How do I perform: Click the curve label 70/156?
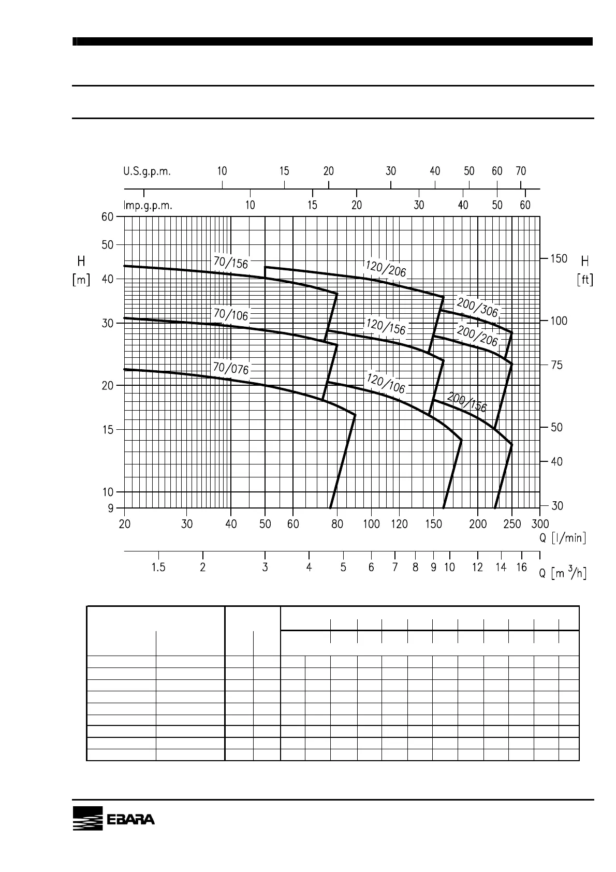click(x=231, y=263)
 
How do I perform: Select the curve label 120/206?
click(x=386, y=268)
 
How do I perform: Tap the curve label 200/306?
click(x=477, y=307)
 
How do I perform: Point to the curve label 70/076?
click(x=231, y=368)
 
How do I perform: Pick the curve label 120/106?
click(x=386, y=383)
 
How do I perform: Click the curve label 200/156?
click(x=467, y=402)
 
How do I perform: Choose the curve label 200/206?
click(x=477, y=336)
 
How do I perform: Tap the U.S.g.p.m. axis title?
click(x=147, y=171)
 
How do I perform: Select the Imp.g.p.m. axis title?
click(x=148, y=206)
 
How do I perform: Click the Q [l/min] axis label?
click(x=563, y=537)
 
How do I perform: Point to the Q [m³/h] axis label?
click(x=563, y=573)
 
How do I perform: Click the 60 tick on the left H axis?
click(x=107, y=217)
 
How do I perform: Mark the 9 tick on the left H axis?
click(x=110, y=508)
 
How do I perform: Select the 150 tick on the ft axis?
click(x=558, y=258)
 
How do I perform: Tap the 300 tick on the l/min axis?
click(x=540, y=525)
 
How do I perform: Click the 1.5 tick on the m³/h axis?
click(x=158, y=568)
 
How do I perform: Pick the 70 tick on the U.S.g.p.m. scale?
click(x=521, y=171)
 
